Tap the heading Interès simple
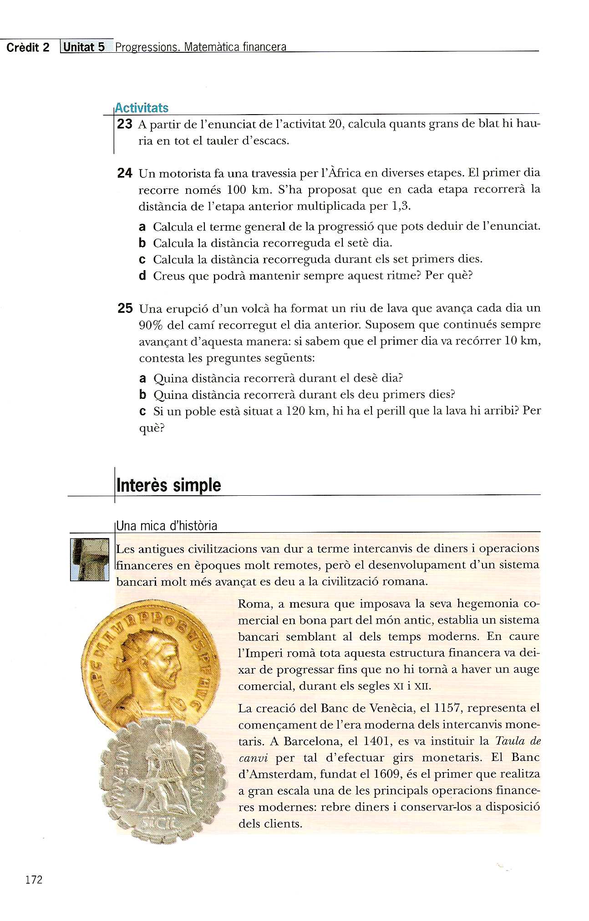click(x=168, y=485)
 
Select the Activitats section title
click(x=142, y=108)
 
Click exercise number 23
click(x=124, y=124)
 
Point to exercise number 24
click(x=124, y=173)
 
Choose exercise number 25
click(x=125, y=308)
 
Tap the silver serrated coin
click(x=161, y=779)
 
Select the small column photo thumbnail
click(x=90, y=559)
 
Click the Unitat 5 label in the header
click(x=85, y=47)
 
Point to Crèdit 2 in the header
click(x=28, y=48)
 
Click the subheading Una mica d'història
click(x=167, y=526)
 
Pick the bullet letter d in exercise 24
click(x=142, y=276)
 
